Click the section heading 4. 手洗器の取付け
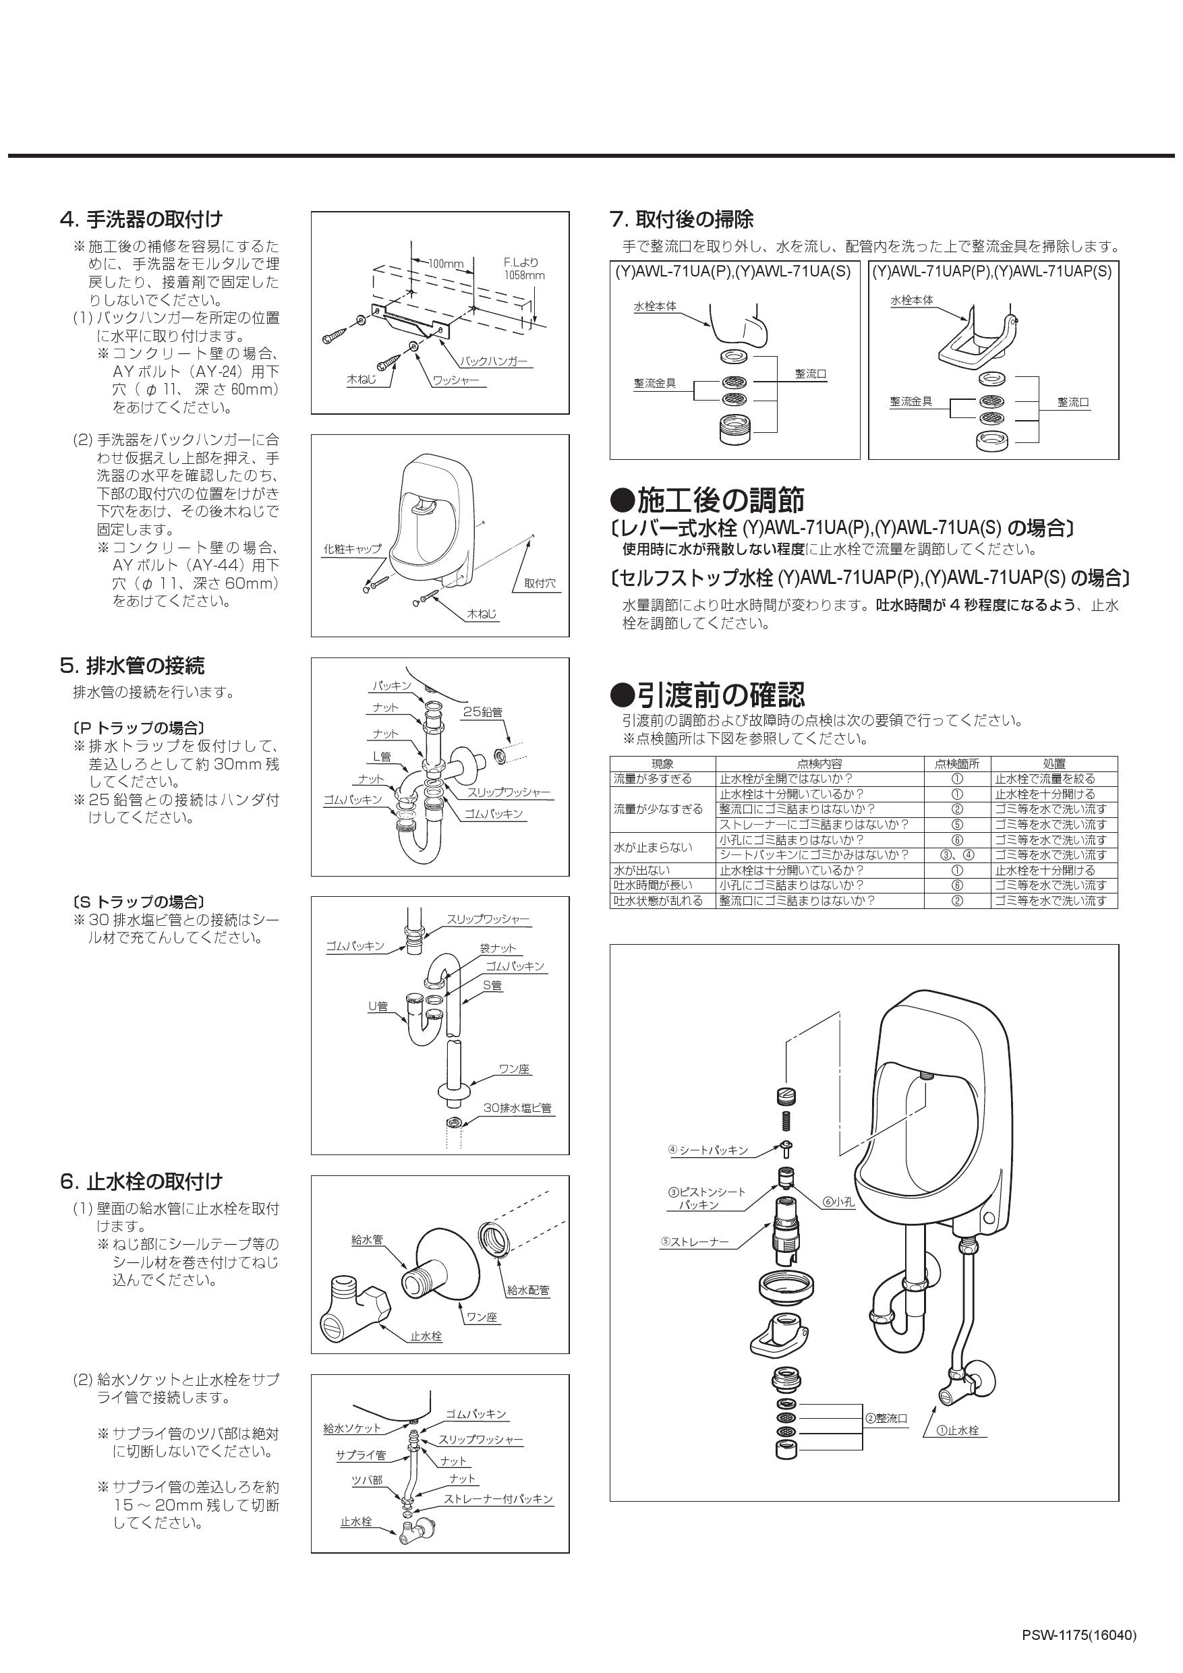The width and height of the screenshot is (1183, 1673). (142, 218)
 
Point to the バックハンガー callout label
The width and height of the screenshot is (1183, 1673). (494, 361)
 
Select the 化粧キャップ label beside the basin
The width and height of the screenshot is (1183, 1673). (352, 550)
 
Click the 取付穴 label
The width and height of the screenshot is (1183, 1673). (540, 584)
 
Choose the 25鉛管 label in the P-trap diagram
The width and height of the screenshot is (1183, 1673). (482, 712)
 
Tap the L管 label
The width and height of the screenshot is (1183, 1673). (381, 757)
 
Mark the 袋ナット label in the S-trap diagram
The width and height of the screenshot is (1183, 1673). (497, 948)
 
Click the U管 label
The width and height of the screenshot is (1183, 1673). (378, 1006)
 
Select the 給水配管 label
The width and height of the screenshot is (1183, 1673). (527, 1290)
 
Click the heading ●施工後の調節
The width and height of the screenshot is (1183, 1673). (707, 500)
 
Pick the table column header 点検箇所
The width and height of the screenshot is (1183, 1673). (956, 763)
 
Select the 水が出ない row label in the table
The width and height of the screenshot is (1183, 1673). (642, 870)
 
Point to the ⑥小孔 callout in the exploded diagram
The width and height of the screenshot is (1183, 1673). (838, 1202)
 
